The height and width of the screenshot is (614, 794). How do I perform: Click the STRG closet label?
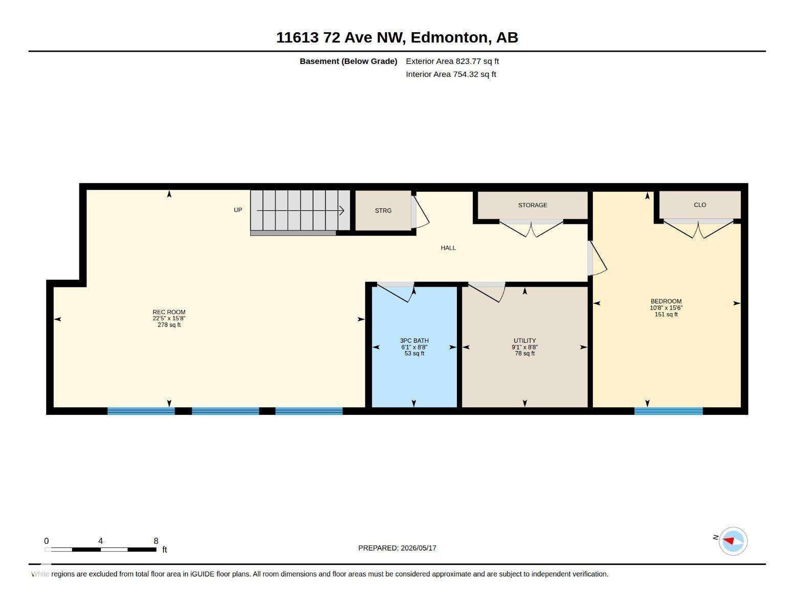click(x=383, y=210)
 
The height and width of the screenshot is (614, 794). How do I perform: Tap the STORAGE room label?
click(x=533, y=205)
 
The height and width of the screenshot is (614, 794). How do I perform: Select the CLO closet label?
click(x=700, y=205)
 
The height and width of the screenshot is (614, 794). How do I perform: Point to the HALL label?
click(x=448, y=248)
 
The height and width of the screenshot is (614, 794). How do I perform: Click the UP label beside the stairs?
click(x=238, y=210)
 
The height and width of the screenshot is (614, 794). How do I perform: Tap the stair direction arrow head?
click(x=342, y=210)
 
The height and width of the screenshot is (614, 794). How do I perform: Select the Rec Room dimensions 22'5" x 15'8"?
click(x=169, y=318)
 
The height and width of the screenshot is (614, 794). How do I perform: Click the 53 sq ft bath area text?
click(x=414, y=353)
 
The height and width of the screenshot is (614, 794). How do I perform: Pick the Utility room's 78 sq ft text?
click(x=525, y=353)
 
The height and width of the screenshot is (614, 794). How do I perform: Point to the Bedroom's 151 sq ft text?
click(x=666, y=314)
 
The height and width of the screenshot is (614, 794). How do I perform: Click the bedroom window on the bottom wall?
click(x=668, y=411)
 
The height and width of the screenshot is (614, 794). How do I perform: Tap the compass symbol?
click(x=733, y=541)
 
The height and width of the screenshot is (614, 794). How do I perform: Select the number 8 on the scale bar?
click(x=156, y=541)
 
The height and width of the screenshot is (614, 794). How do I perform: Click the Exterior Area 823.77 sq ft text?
click(x=452, y=61)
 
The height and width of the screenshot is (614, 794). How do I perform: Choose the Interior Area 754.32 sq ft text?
click(x=451, y=74)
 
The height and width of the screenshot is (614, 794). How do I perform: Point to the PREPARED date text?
click(x=397, y=547)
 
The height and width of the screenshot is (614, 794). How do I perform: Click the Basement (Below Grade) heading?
click(x=348, y=61)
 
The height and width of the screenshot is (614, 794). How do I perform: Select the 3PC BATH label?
click(x=414, y=340)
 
